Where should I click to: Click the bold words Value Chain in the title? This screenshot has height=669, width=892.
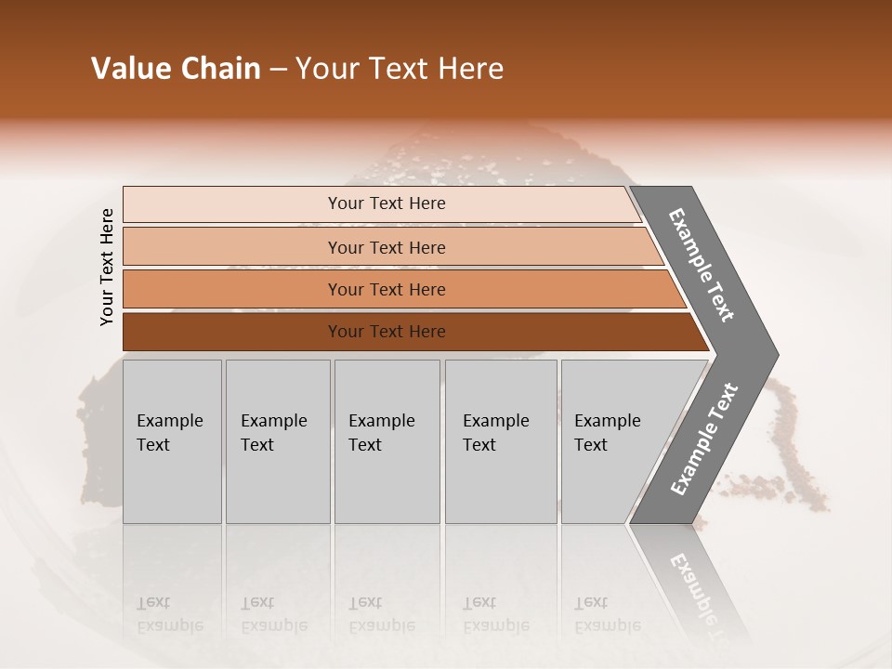[x=176, y=69]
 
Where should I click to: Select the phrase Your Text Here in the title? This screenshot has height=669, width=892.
[x=400, y=69]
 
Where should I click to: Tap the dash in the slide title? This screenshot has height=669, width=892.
[x=277, y=70]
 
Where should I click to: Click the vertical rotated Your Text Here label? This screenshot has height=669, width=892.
[x=107, y=267]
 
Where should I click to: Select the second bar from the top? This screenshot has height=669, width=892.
[x=386, y=247]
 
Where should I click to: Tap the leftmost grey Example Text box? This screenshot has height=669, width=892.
[x=172, y=440]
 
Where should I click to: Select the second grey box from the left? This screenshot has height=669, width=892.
[x=277, y=440]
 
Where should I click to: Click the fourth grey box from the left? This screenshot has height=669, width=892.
[x=500, y=440]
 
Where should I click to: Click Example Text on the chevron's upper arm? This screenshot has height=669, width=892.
[x=702, y=265]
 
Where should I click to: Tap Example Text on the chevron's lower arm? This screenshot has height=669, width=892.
[x=703, y=439]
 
